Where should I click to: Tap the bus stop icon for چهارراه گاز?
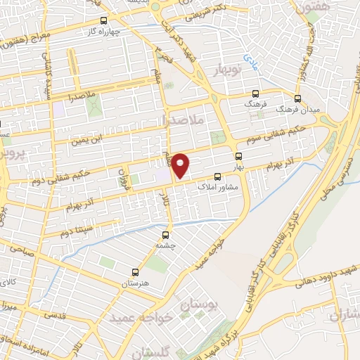(x=105, y=20)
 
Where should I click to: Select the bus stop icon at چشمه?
(x=166, y=235)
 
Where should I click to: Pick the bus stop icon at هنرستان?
(x=135, y=271)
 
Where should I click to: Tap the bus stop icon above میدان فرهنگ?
(x=297, y=98)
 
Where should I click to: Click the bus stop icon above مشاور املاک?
(x=217, y=176)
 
